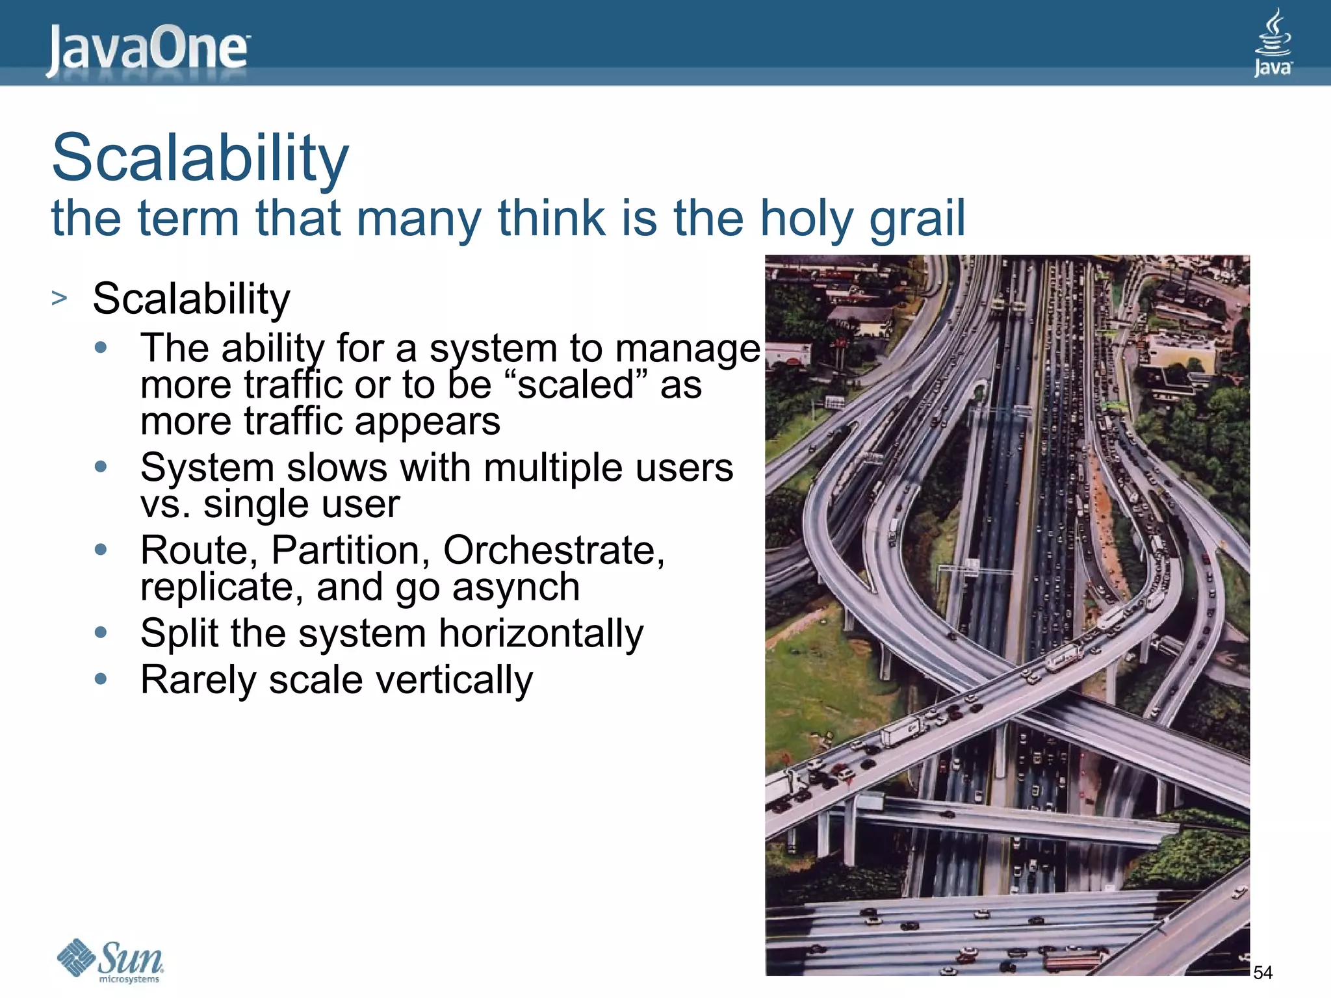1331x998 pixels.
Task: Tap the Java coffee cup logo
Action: click(1272, 43)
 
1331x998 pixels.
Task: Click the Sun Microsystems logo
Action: click(110, 960)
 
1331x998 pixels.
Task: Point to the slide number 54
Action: click(1262, 973)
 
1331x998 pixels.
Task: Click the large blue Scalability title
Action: click(200, 158)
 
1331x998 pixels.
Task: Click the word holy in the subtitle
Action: click(805, 219)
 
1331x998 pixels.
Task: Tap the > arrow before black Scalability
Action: click(59, 298)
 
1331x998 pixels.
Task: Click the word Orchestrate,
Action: click(554, 551)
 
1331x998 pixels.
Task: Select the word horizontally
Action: click(541, 633)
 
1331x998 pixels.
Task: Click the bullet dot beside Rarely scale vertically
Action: click(100, 679)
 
